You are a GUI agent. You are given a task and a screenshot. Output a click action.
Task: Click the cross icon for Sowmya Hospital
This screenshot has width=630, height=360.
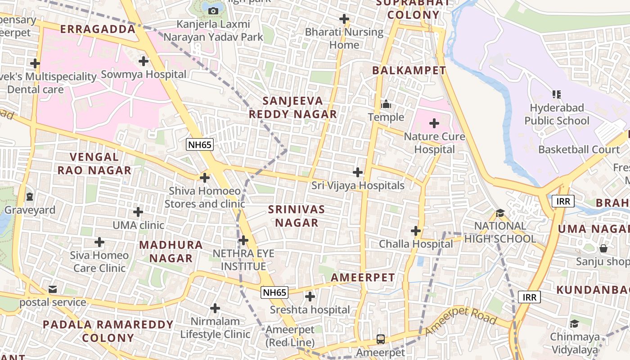[144, 61]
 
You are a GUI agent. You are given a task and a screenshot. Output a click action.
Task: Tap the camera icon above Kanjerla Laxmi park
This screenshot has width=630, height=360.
[213, 10]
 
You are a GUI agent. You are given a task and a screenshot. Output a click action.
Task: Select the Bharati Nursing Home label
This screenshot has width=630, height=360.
[344, 38]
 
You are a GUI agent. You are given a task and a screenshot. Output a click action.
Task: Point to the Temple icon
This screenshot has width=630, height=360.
[386, 104]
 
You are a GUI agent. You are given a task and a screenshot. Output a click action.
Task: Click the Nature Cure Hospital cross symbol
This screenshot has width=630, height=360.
[434, 123]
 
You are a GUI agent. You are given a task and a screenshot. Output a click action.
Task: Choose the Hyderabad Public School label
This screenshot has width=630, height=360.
[557, 114]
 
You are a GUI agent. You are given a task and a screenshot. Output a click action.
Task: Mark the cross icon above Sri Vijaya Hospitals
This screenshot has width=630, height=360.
[358, 172]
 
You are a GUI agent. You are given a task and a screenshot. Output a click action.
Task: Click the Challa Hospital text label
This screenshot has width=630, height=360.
[416, 244]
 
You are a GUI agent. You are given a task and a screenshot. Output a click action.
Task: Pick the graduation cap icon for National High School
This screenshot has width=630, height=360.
[500, 213]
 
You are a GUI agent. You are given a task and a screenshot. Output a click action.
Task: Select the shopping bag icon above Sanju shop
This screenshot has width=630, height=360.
[603, 248]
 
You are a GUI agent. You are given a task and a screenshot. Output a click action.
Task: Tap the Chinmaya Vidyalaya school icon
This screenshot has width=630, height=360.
[574, 324]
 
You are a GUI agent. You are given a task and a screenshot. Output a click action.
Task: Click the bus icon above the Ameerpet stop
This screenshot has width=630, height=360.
[381, 339]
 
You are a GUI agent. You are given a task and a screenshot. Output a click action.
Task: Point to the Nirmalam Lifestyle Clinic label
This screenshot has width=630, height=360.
[215, 328]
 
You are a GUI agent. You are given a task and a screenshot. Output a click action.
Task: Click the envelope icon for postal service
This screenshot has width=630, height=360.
[53, 289]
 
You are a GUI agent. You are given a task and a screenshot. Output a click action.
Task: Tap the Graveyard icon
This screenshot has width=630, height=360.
[30, 197]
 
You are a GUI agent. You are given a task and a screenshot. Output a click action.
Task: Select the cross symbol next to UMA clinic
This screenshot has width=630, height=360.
[138, 211]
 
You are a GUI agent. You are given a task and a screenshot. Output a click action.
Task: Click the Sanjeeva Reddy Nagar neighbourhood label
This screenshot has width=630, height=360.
[293, 107]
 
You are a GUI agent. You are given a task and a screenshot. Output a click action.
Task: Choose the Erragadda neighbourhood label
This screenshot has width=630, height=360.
[98, 29]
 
